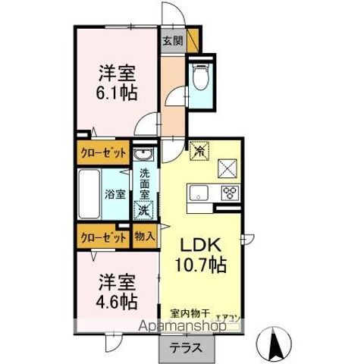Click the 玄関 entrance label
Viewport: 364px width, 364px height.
pos(172,42)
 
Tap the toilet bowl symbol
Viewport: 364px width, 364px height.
pos(202,77)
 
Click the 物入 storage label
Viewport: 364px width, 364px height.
pos(144,237)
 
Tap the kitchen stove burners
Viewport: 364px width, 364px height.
pos(230,192)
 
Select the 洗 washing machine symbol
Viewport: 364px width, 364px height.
pos(143,210)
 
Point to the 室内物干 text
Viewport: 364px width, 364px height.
pos(187,313)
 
